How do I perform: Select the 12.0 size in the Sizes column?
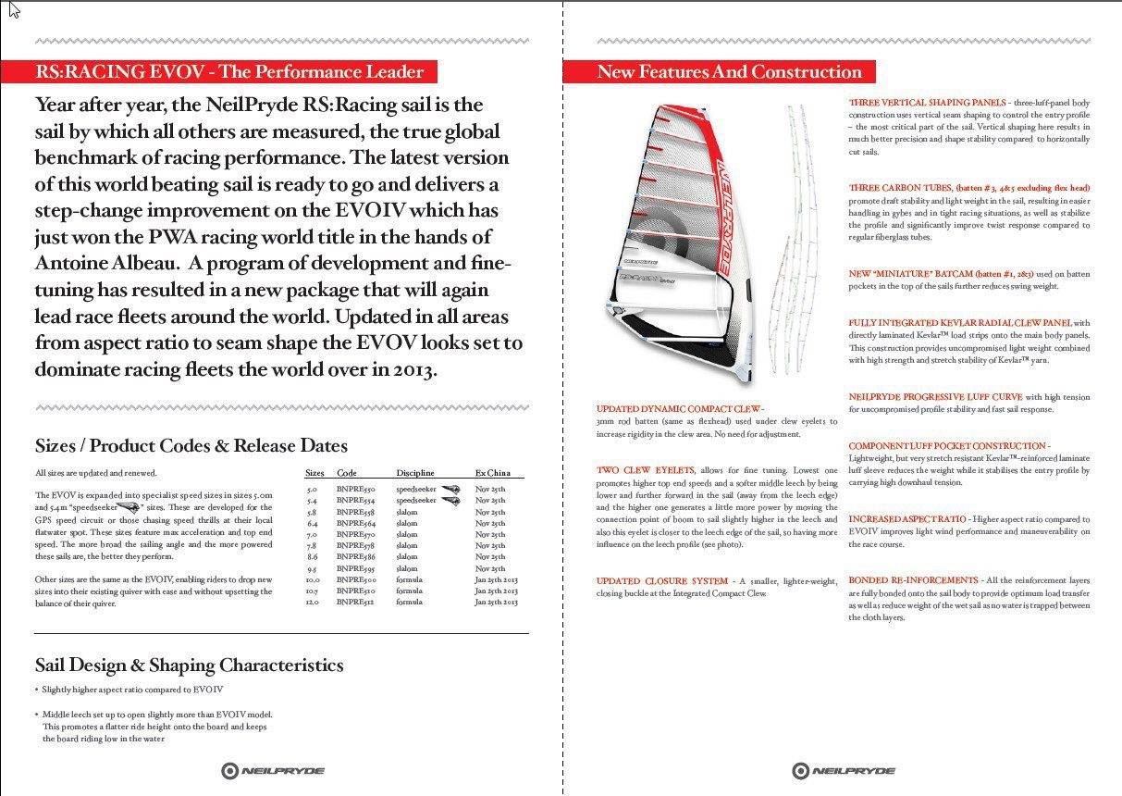click(312, 602)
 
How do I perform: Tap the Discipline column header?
click(414, 472)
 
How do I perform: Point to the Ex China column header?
click(492, 472)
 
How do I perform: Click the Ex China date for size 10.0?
click(497, 579)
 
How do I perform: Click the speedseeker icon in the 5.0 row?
click(450, 489)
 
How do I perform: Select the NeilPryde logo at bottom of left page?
click(273, 770)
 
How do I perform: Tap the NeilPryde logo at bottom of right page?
click(843, 770)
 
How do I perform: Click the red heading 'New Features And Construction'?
click(729, 72)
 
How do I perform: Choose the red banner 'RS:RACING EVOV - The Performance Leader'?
click(228, 72)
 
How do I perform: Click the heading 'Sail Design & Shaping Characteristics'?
click(189, 665)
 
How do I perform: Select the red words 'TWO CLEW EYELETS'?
click(645, 470)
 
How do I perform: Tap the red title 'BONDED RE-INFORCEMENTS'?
click(913, 580)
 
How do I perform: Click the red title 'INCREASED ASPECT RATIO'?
click(906, 519)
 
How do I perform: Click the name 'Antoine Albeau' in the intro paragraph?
click(100, 263)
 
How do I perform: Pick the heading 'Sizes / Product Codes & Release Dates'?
click(191, 446)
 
